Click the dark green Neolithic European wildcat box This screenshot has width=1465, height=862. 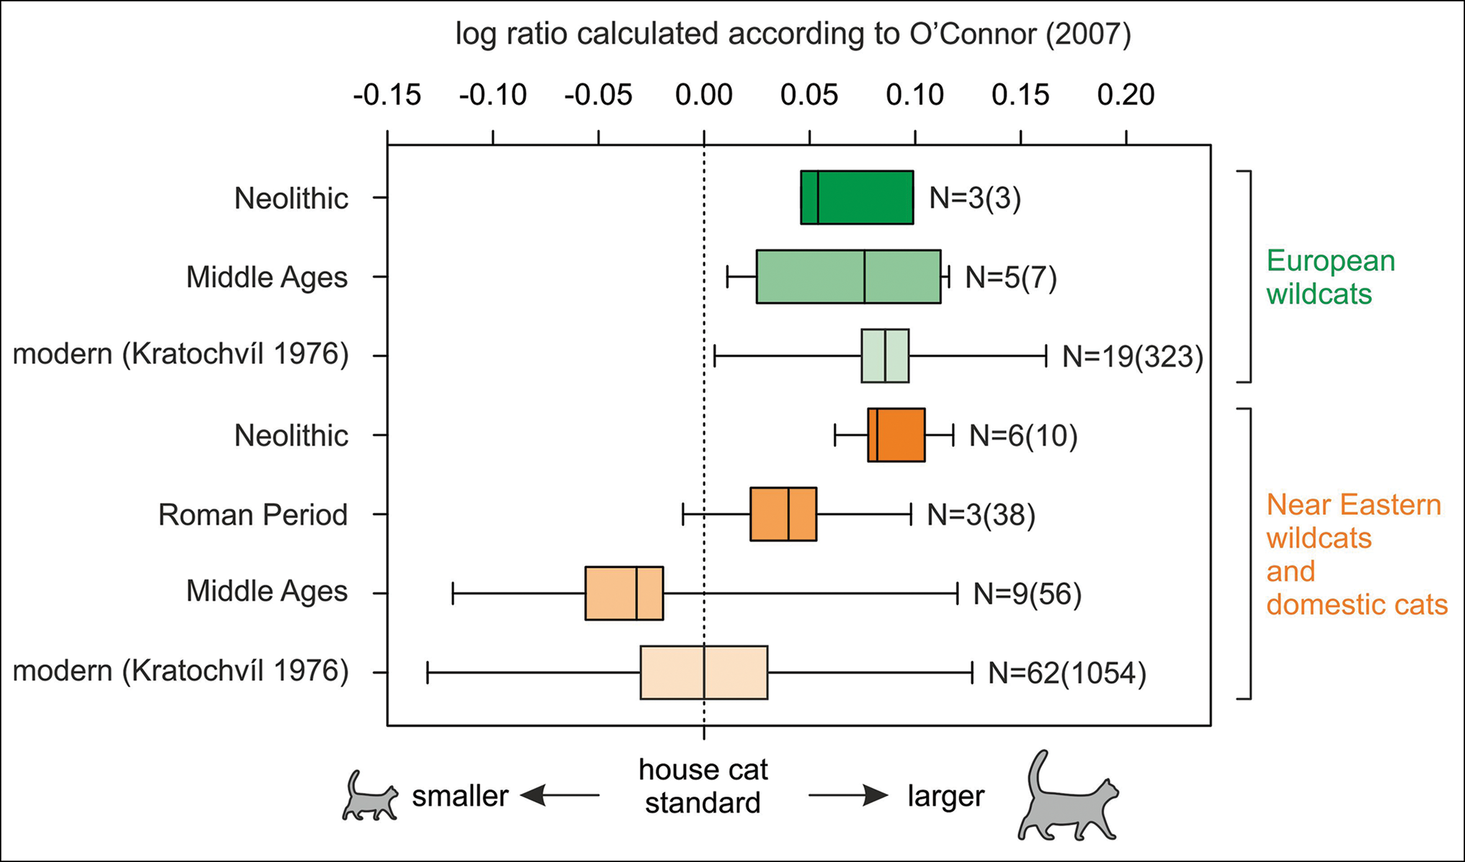(857, 197)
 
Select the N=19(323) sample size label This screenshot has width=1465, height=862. (1133, 357)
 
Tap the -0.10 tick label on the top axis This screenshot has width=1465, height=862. (492, 96)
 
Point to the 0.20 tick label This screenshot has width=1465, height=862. (1125, 96)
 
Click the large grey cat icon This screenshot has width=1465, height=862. (1067, 797)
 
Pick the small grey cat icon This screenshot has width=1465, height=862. (370, 797)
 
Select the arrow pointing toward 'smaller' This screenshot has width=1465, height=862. (559, 796)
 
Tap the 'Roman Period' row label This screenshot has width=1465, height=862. (252, 515)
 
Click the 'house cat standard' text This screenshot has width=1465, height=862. (703, 786)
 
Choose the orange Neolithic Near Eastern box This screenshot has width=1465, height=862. (896, 435)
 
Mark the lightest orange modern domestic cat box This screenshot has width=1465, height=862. (704, 673)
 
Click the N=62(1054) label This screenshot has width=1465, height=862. (1067, 673)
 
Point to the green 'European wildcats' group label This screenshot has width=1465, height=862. (1330, 277)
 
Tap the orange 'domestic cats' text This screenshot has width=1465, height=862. (1356, 605)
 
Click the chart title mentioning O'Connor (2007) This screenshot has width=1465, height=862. (793, 34)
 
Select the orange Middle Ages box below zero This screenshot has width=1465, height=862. (624, 593)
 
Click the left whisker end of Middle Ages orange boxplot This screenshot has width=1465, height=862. (453, 593)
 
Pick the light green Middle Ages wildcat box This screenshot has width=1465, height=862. (848, 277)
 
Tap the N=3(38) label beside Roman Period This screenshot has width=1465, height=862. (981, 515)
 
